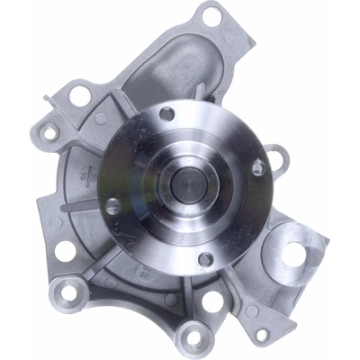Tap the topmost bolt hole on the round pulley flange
[166, 113]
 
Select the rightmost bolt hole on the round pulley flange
[257, 166]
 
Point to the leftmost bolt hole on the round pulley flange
[113, 205]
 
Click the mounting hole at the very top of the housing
[211, 15]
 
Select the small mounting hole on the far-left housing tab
[49, 131]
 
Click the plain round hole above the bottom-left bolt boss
[65, 250]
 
